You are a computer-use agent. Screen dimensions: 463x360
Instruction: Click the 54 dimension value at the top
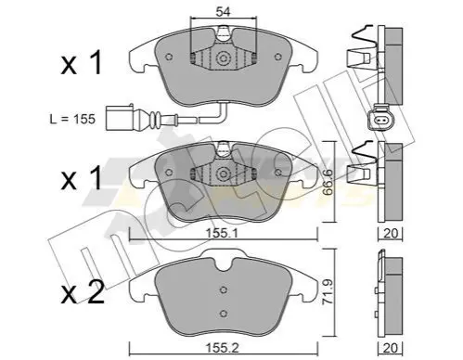click(x=223, y=12)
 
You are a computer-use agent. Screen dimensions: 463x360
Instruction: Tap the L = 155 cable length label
click(x=72, y=119)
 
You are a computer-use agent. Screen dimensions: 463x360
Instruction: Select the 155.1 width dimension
click(x=223, y=234)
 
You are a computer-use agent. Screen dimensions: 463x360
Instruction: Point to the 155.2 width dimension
click(x=223, y=348)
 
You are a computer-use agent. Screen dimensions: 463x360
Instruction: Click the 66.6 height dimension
click(x=327, y=182)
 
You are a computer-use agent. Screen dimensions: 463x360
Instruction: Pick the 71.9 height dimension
click(x=327, y=292)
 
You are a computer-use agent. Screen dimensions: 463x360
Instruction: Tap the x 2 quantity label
click(x=83, y=292)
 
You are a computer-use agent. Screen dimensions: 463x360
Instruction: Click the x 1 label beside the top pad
click(x=82, y=63)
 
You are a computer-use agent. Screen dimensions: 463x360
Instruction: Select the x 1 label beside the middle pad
click(x=82, y=178)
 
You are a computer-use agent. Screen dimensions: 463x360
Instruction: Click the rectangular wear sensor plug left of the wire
click(x=120, y=118)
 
